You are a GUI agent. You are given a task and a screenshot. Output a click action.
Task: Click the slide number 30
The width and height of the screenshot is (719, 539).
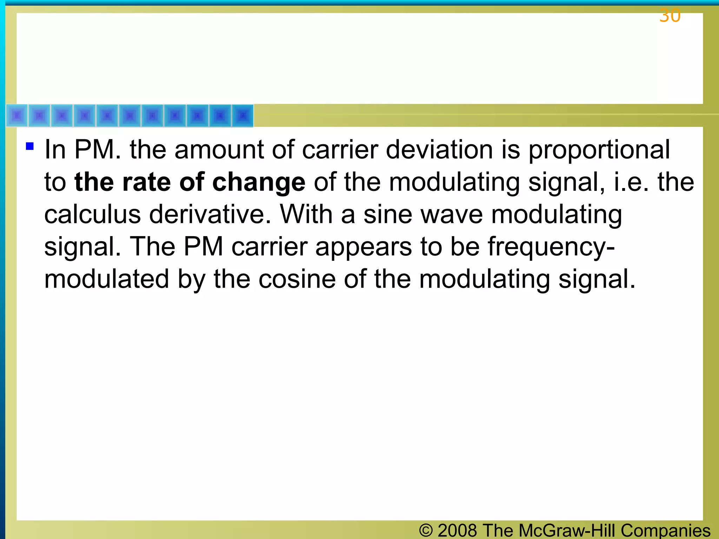669,16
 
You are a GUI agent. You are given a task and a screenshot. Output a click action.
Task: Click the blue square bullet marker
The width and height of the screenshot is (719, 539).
30,146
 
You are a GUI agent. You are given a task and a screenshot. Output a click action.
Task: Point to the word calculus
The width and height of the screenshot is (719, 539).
92,215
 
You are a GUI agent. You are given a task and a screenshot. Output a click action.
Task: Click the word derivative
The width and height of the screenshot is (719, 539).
210,215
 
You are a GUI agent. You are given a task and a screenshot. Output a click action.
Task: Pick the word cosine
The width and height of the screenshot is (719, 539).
297,280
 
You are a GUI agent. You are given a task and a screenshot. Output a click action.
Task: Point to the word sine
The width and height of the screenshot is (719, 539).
387,215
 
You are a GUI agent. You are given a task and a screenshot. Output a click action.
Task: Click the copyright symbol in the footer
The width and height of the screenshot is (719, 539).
426,530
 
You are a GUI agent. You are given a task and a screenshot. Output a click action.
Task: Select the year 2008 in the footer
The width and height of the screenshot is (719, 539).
457,530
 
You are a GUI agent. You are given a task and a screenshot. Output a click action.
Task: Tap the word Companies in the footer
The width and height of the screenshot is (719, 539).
665,530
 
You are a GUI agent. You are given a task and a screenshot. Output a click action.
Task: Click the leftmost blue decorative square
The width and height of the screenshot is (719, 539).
17,115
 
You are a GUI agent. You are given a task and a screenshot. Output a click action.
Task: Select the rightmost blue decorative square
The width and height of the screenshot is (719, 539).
243,115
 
